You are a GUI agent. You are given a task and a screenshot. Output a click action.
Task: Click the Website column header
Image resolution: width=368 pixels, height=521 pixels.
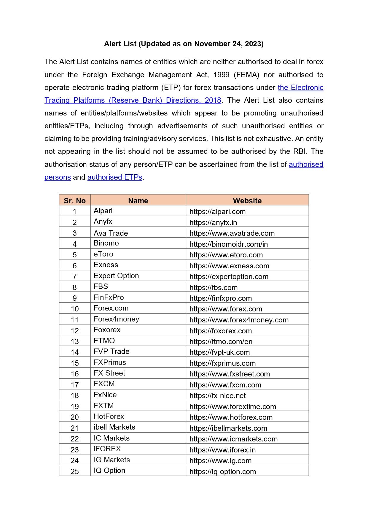coord(247,201)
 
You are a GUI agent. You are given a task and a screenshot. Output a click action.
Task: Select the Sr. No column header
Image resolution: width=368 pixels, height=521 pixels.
coord(75,201)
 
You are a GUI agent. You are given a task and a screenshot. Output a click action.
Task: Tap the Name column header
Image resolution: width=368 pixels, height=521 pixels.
coord(138,201)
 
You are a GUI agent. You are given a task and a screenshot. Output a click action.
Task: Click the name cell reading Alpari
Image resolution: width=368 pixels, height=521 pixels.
coord(103,211)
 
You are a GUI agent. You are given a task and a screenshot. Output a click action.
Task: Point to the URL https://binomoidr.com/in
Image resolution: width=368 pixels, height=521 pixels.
coord(228,244)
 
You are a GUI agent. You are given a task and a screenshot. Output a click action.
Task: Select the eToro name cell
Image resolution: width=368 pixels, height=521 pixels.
coord(103,254)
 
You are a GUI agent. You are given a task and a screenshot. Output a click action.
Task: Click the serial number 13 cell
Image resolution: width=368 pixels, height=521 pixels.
coord(75,341)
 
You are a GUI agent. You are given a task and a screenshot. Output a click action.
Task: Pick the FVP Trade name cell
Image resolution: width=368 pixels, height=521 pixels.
coord(111,351)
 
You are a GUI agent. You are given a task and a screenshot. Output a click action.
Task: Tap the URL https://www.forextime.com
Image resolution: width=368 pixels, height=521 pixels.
coord(232,406)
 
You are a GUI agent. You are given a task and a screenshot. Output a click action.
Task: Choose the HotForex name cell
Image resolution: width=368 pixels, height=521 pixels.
coord(109,417)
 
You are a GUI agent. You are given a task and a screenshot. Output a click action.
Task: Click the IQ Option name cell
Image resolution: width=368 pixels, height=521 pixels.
coord(109,471)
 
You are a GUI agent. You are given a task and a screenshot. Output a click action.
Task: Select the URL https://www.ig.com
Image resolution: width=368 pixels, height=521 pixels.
coord(220,461)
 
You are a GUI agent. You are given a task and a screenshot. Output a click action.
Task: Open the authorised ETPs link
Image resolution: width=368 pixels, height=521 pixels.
coord(115,177)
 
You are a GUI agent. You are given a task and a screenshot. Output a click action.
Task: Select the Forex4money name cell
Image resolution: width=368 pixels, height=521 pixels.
coord(116,319)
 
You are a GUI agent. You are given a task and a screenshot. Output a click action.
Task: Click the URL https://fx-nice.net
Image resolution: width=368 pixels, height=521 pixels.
coord(217,396)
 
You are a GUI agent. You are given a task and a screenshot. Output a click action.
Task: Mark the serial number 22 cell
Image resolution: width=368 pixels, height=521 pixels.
coord(75,439)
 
